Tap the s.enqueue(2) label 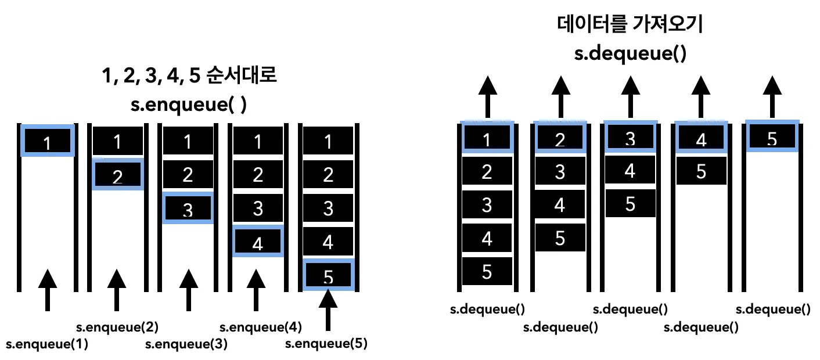pos(118,327)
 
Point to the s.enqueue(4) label pos(261,327)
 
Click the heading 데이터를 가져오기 pos(629,26)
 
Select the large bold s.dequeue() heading pos(629,54)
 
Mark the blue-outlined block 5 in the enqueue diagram pos(328,276)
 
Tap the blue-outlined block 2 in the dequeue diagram pos(560,139)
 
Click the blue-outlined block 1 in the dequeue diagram pos(487,139)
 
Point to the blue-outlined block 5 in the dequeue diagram pos(772,137)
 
